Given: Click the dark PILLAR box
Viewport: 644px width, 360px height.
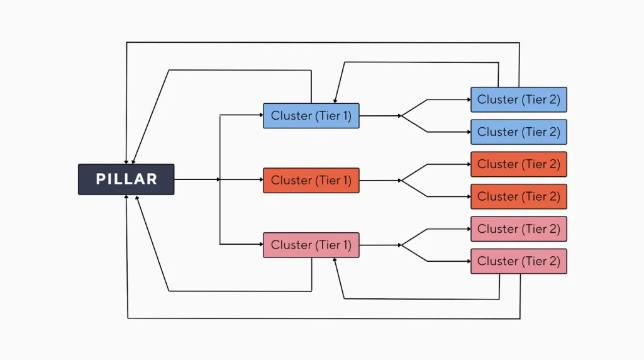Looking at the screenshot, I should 126,179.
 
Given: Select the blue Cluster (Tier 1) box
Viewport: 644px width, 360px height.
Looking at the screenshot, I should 311,116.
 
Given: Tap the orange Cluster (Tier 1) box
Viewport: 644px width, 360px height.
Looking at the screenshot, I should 311,180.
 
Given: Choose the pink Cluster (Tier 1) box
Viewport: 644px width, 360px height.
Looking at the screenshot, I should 311,245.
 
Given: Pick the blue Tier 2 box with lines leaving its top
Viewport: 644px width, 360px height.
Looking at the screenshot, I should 518,99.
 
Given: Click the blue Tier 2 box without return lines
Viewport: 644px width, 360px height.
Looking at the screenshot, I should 518,132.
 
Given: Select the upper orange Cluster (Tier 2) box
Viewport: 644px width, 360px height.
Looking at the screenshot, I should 518,164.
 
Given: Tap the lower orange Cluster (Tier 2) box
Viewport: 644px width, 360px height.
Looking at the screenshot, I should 518,196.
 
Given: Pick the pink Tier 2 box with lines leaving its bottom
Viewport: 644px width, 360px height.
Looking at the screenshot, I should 518,261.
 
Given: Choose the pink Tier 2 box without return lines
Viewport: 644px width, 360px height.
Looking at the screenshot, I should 518,229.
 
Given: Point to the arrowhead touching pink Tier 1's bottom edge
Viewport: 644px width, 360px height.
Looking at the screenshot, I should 335,261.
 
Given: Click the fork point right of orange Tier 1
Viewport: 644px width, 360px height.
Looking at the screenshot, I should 401,180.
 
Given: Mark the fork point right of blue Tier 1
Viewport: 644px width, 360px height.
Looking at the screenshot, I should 401,116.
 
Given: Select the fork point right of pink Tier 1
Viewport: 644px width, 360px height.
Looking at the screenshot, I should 401,245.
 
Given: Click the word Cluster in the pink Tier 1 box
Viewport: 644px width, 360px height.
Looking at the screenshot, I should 291,245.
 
